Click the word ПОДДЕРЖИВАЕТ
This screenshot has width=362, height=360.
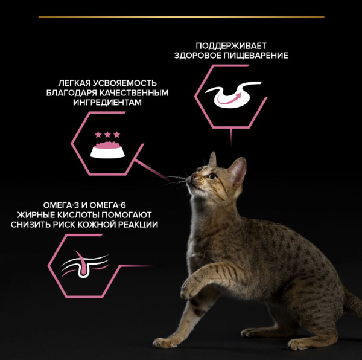pyautogui.click(x=231, y=46)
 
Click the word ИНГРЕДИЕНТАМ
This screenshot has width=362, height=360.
pyautogui.click(x=107, y=102)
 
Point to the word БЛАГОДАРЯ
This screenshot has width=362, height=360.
pyautogui.click(x=71, y=92)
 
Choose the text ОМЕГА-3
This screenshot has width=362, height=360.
pyautogui.click(x=61, y=205)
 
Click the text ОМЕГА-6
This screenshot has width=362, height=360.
pyautogui.click(x=107, y=205)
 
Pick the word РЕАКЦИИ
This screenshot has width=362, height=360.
pyautogui.click(x=139, y=225)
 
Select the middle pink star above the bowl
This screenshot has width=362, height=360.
pyautogui.click(x=107, y=135)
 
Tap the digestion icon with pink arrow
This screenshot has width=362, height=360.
pyautogui.click(x=233, y=94)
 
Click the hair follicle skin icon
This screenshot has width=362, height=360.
pyautogui.click(x=84, y=265)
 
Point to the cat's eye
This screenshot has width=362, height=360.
pyautogui.click(x=212, y=176)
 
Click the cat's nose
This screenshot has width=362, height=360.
pyautogui.click(x=194, y=176)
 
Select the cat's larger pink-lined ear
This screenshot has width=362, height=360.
pyautogui.click(x=238, y=170)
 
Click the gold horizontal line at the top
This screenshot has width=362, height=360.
pyautogui.click(x=181, y=17)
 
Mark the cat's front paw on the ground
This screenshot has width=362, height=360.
pyautogui.click(x=164, y=342)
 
